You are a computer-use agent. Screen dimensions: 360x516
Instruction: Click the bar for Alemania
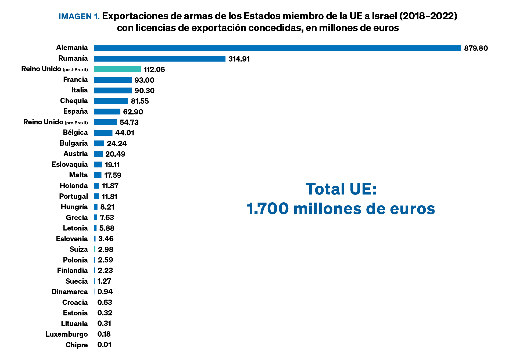click(x=277, y=48)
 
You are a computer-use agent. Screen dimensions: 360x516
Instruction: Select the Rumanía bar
click(x=160, y=59)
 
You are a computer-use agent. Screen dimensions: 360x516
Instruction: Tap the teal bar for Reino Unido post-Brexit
click(x=117, y=69)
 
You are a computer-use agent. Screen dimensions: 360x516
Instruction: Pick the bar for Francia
click(x=113, y=80)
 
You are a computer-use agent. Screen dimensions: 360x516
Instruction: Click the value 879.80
click(x=476, y=48)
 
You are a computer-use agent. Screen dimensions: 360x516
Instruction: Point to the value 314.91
click(x=239, y=59)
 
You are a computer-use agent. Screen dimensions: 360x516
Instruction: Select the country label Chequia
click(x=74, y=101)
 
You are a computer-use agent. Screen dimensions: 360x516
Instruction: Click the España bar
click(x=107, y=111)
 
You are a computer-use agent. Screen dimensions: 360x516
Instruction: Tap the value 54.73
click(x=129, y=123)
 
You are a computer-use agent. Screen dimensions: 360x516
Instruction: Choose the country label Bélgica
click(x=75, y=132)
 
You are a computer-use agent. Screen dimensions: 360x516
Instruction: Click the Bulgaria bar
click(x=99, y=143)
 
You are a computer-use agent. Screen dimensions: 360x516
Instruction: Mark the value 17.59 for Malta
click(x=113, y=175)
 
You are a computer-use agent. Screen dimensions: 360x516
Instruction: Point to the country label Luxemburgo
click(x=67, y=334)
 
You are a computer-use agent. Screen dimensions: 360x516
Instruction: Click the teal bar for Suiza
click(x=95, y=249)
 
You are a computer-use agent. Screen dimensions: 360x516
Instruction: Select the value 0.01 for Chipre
click(x=104, y=345)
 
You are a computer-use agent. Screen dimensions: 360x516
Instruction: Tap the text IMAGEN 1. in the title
click(x=79, y=17)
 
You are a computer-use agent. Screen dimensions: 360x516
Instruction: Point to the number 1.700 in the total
click(x=268, y=209)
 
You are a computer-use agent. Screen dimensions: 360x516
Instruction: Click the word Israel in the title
click(x=384, y=16)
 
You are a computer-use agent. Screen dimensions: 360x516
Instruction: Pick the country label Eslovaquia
click(x=70, y=164)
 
